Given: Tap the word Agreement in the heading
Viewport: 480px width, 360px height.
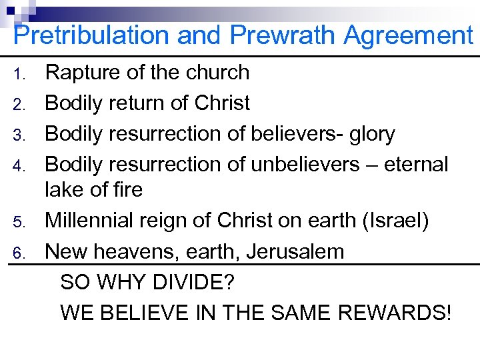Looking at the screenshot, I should click(408, 36).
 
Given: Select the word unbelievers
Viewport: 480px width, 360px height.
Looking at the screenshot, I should click(305, 164).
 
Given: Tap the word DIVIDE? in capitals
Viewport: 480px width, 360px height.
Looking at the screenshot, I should click(197, 283).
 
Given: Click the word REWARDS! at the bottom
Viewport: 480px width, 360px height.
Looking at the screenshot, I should click(395, 312).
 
